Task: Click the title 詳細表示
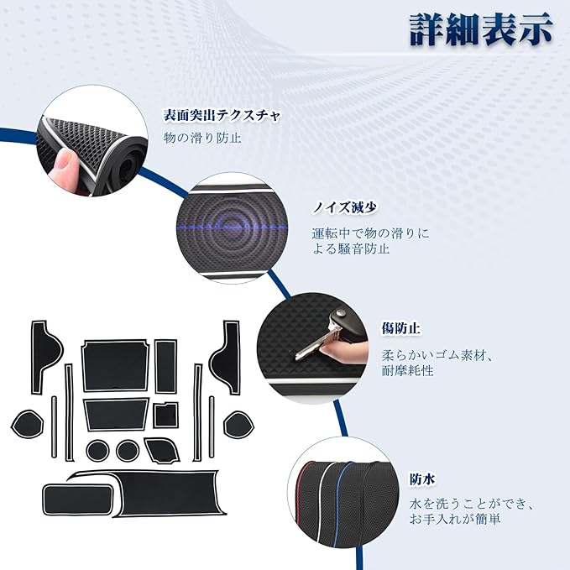coord(481,31)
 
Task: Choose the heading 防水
coord(422,481)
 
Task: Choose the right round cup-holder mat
coord(128,451)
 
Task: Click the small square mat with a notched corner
coord(165,415)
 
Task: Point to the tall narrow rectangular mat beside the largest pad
coord(165,364)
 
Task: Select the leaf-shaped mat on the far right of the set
coord(238,423)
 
